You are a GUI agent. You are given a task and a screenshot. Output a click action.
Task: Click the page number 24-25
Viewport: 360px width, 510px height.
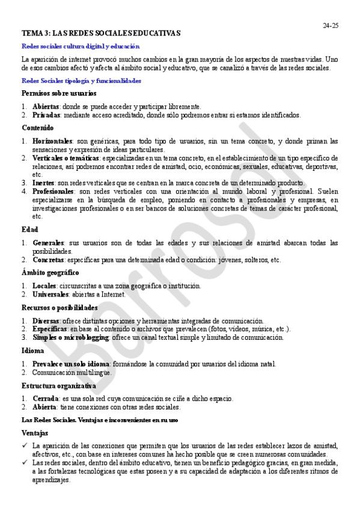[331, 25]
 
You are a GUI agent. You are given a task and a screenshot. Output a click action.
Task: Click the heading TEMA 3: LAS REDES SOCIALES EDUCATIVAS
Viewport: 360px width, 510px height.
[101, 33]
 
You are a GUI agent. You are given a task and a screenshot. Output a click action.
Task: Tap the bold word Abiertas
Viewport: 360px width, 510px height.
[46, 106]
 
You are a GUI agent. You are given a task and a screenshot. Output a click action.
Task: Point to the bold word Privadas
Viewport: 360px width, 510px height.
[46, 114]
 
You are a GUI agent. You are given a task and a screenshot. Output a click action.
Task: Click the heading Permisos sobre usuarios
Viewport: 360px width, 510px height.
[59, 93]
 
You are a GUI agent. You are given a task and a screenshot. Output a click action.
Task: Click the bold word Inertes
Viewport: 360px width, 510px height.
[43, 183]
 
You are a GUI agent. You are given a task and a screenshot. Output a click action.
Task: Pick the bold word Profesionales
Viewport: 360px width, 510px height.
[53, 191]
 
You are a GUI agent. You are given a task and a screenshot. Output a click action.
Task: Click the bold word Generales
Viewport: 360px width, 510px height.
[48, 243]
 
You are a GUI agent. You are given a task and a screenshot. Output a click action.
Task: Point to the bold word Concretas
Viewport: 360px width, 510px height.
[48, 260]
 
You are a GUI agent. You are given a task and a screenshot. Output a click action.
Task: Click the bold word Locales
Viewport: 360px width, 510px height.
[44, 286]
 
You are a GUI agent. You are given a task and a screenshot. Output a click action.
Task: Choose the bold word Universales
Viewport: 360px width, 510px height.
[49, 294]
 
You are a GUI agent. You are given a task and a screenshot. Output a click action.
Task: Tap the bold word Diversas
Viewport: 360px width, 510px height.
[46, 321]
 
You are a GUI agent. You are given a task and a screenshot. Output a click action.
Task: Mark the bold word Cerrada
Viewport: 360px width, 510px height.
[46, 398]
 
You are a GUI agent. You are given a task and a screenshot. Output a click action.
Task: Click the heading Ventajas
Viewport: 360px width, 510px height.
[35, 432]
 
